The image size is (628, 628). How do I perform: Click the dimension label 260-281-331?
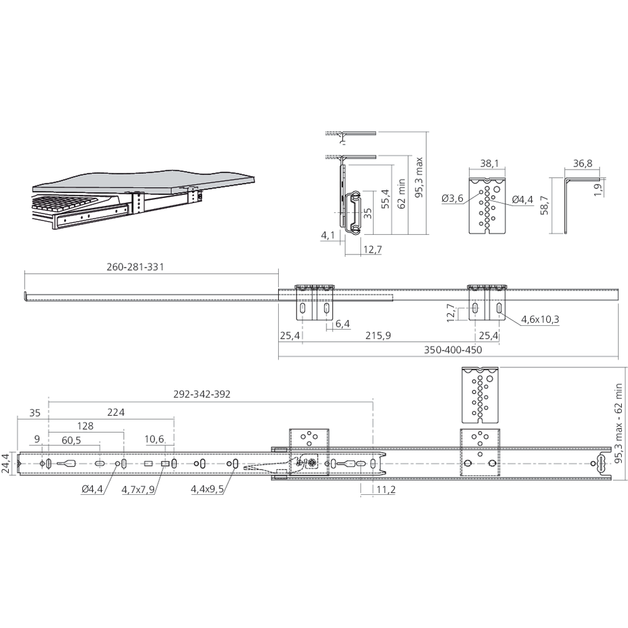[x=136, y=267]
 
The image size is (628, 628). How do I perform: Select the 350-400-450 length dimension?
[x=453, y=350]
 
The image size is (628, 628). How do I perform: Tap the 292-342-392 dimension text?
[x=202, y=394]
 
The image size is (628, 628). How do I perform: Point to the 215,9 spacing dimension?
[x=378, y=335]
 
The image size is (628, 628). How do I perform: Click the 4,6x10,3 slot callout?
[x=540, y=320]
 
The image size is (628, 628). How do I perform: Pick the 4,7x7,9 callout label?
[x=138, y=489]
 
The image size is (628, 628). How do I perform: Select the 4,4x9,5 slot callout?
[x=207, y=489]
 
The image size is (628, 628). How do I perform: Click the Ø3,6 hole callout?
[x=453, y=198]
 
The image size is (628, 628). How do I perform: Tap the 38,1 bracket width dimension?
[x=489, y=163]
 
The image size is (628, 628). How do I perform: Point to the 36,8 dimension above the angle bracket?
[x=583, y=163]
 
